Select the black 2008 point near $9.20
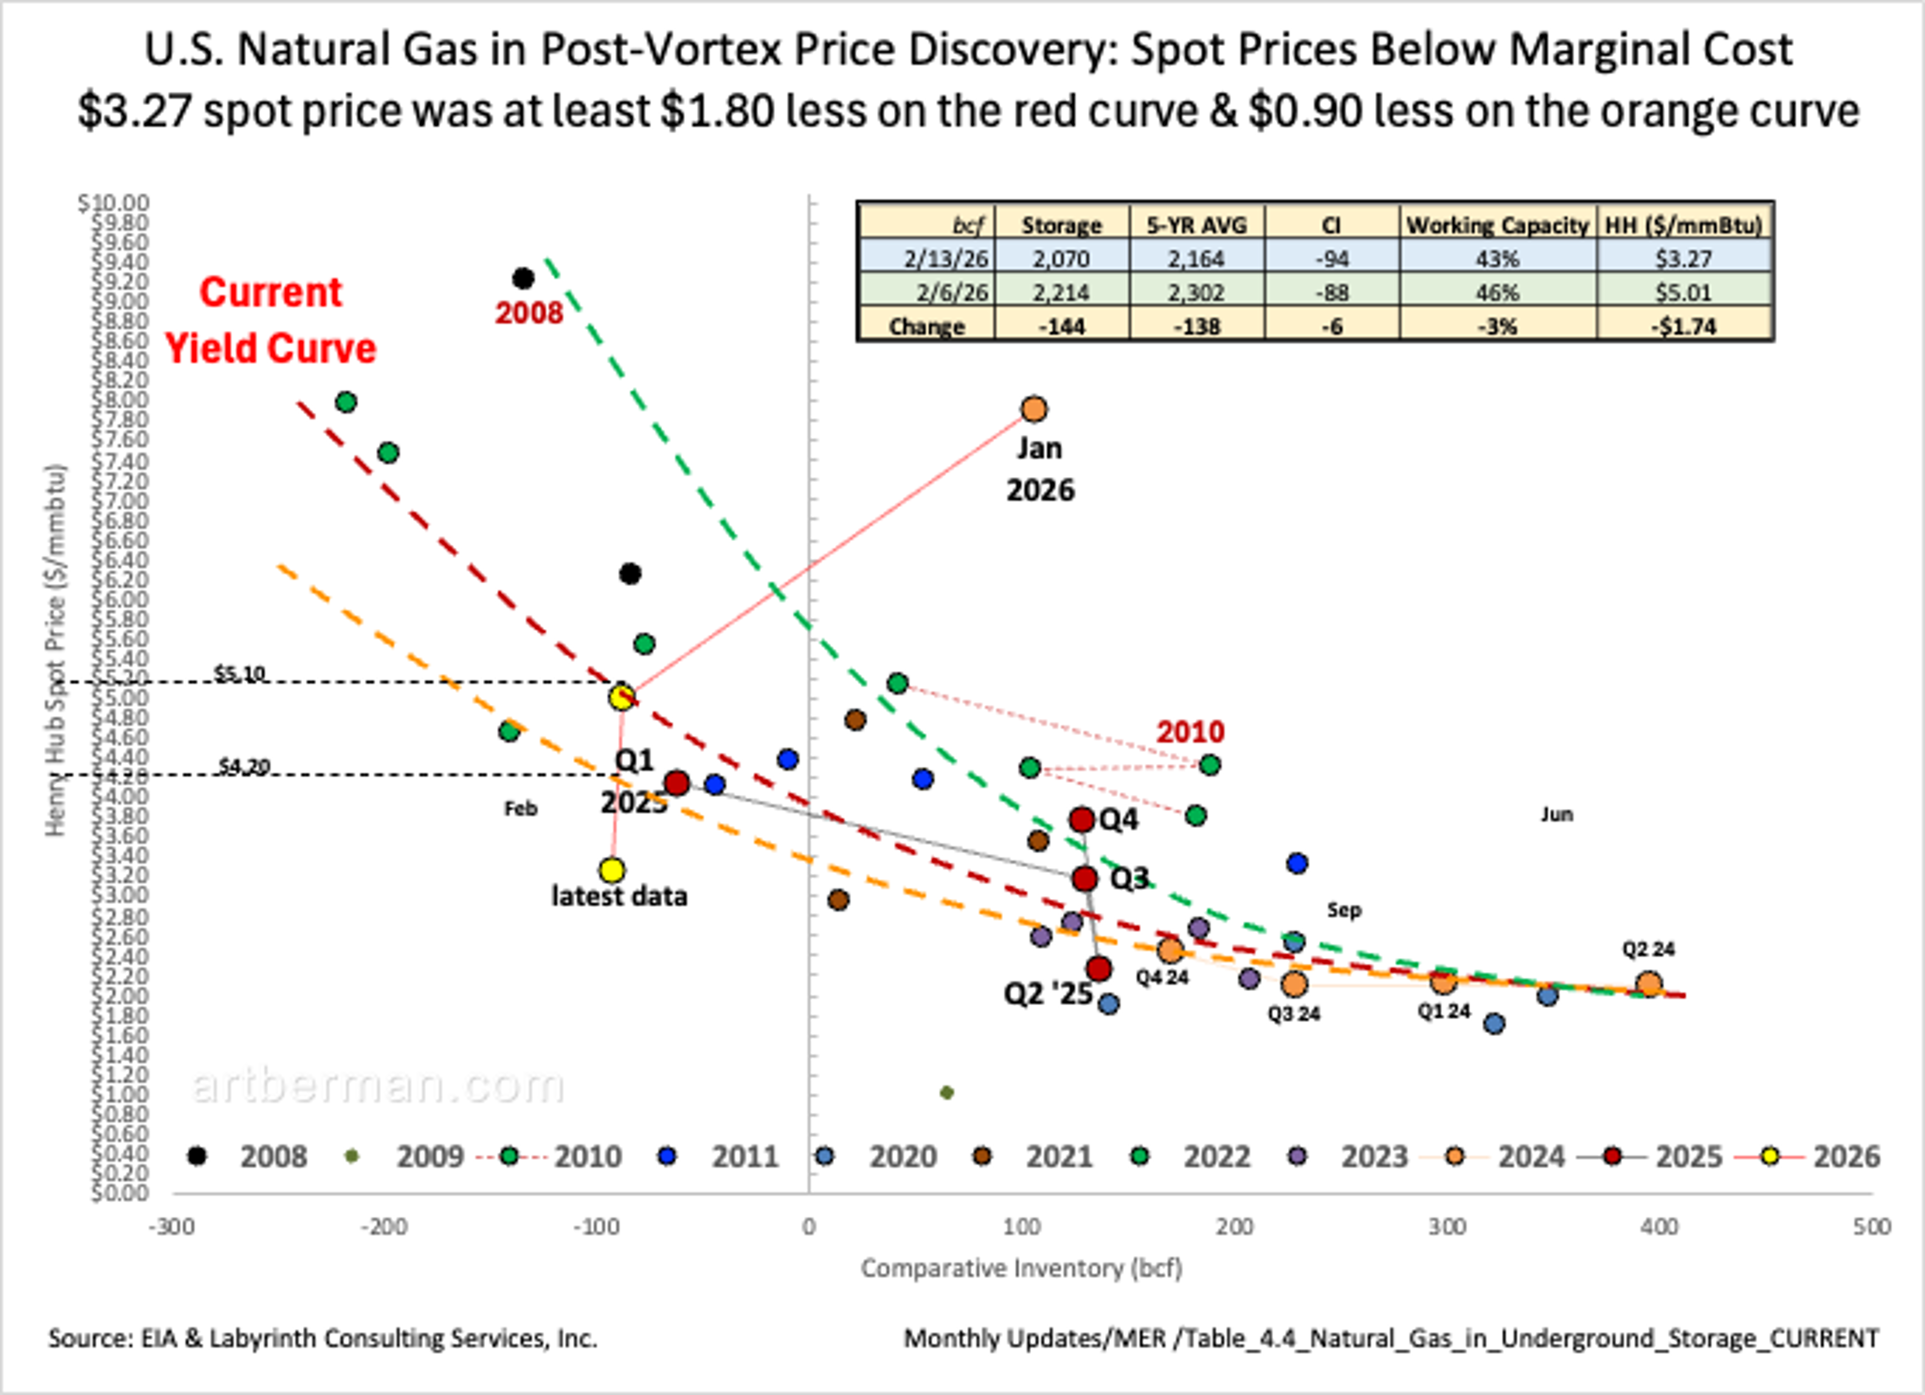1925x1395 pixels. pyautogui.click(x=523, y=278)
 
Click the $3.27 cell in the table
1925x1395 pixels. pyautogui.click(x=1683, y=258)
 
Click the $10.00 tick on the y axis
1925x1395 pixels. pyautogui.click(x=113, y=203)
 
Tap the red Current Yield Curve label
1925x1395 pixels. pyautogui.click(x=270, y=321)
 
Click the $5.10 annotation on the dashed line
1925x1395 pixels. pyautogui.click(x=239, y=674)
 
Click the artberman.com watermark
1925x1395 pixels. pyautogui.click(x=377, y=1086)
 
